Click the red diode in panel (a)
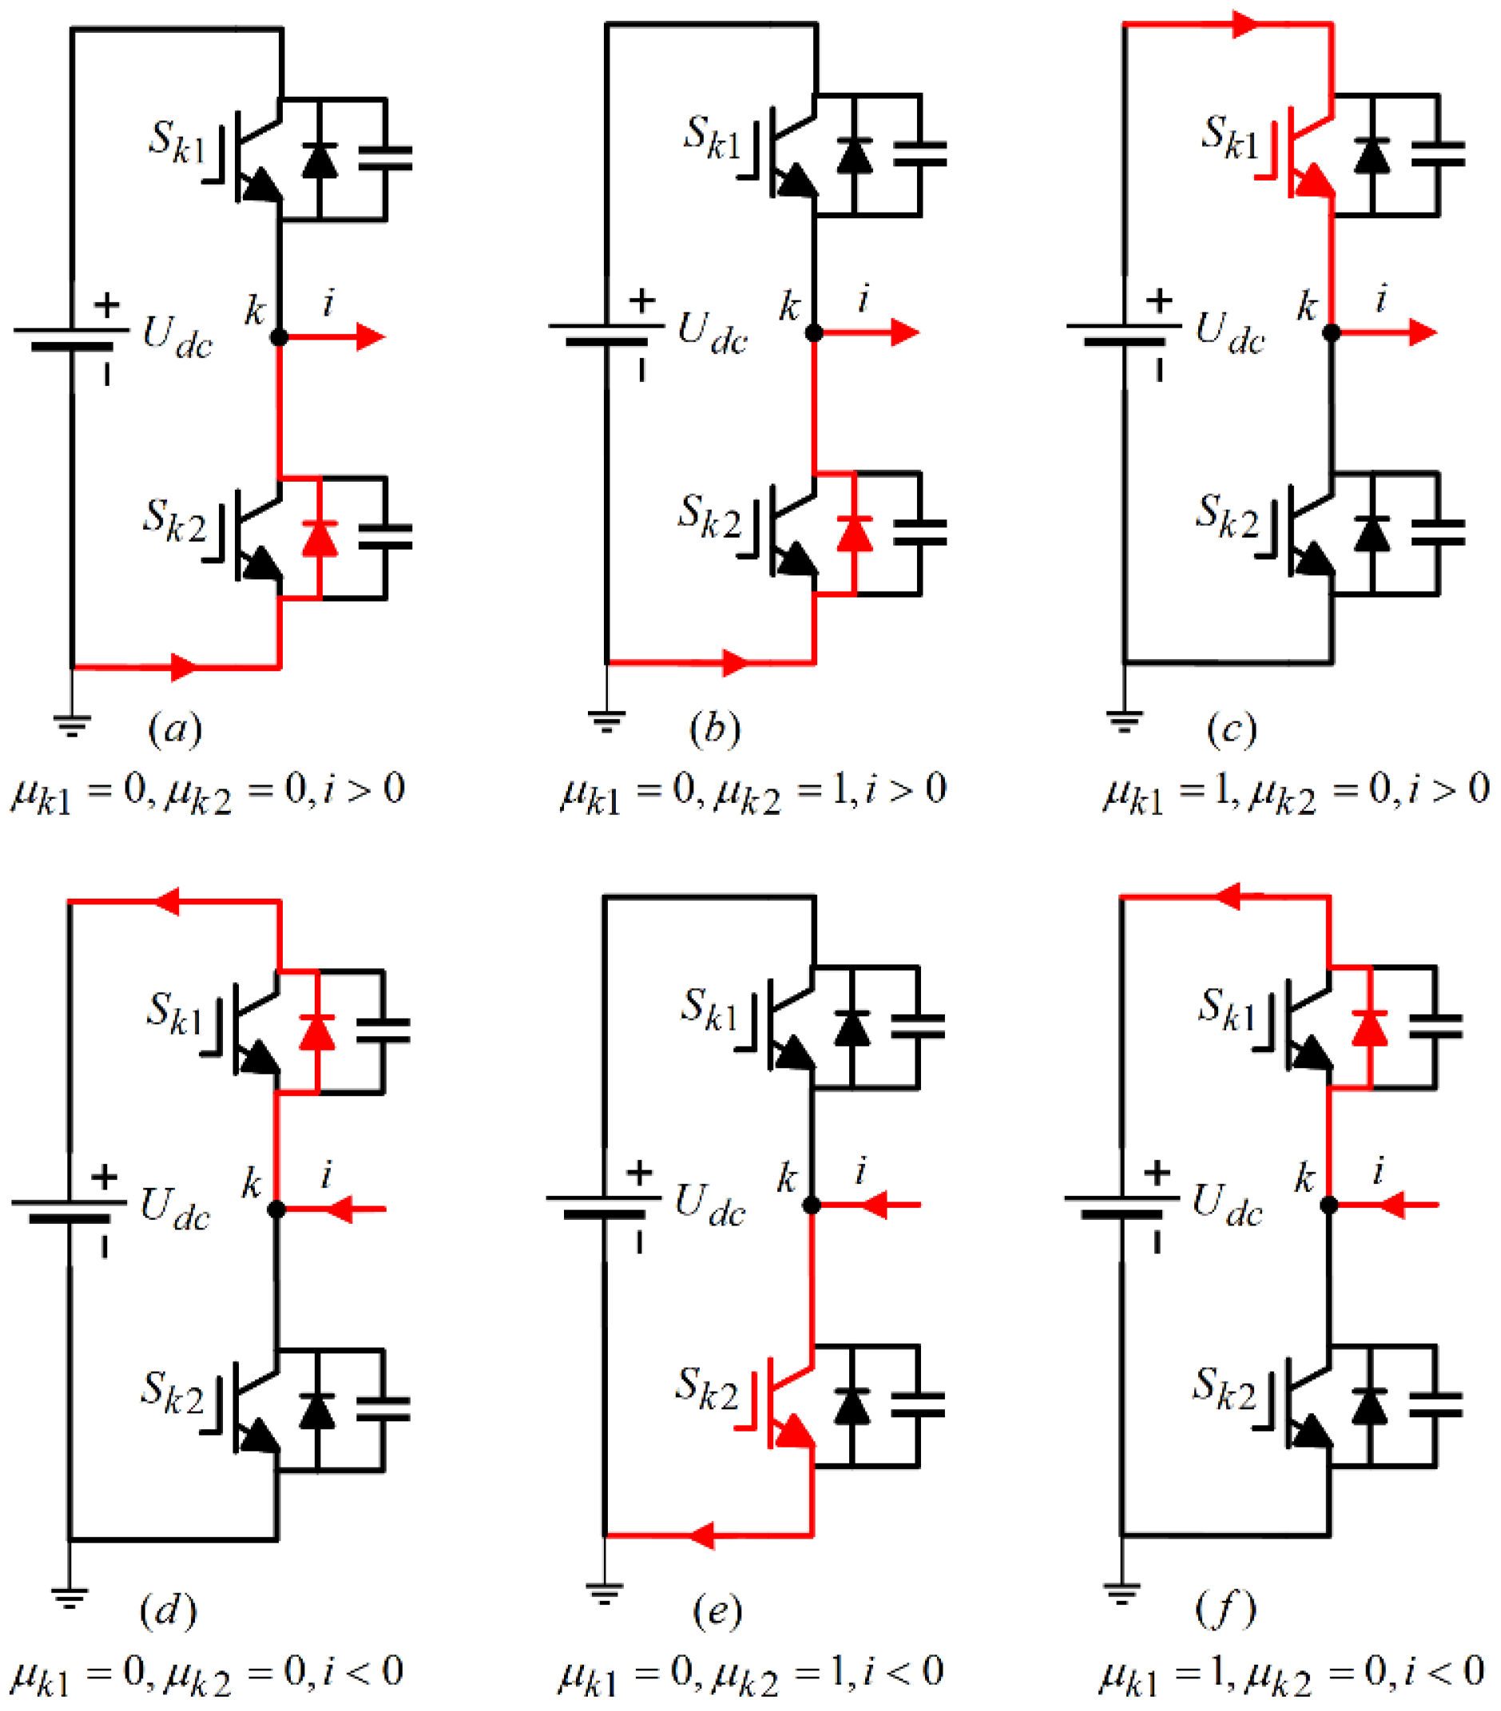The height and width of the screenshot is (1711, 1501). click(x=319, y=538)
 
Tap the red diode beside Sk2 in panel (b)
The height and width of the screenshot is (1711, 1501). click(x=854, y=534)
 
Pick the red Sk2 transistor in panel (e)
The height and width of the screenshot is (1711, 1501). click(x=788, y=1406)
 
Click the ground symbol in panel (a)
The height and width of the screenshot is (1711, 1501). click(x=72, y=725)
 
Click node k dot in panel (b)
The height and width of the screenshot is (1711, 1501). click(x=814, y=333)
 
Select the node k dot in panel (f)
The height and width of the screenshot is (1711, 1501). click(x=1328, y=1205)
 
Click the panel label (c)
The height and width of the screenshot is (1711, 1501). click(x=1232, y=729)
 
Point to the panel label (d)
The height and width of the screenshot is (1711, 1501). click(x=169, y=1610)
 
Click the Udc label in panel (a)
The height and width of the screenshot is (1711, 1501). click(x=177, y=336)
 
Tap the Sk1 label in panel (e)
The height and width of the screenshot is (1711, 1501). click(x=710, y=1010)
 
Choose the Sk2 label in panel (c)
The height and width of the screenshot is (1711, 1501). click(x=1226, y=516)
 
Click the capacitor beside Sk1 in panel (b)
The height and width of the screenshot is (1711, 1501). click(x=919, y=154)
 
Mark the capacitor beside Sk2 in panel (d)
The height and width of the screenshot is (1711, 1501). click(x=383, y=1410)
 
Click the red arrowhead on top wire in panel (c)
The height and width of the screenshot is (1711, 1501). click(x=1245, y=24)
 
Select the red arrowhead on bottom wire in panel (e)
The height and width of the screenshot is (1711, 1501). click(x=701, y=1535)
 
